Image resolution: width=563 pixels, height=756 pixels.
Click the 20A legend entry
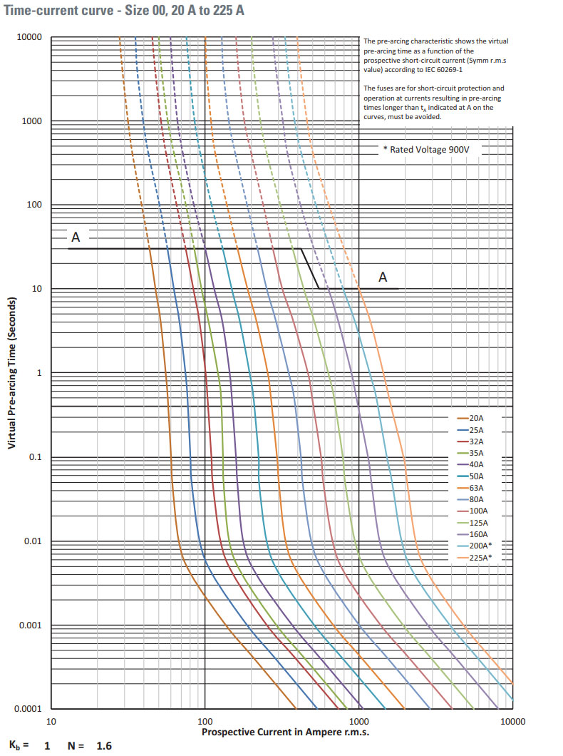[477, 418]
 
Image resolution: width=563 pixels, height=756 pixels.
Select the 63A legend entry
[477, 488]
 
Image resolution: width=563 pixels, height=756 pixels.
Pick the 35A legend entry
[477, 453]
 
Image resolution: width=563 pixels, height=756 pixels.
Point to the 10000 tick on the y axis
[30, 37]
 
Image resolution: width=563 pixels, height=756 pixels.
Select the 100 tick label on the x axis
[205, 722]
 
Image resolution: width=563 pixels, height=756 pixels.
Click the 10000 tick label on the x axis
[512, 722]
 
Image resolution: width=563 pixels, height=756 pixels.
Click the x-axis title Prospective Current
[285, 732]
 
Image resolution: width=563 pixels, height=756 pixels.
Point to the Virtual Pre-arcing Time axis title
[12, 373]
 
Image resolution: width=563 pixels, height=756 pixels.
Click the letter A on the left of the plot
[75, 237]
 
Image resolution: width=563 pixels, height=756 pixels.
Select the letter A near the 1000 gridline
[383, 277]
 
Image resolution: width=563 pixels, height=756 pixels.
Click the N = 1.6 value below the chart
[90, 746]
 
